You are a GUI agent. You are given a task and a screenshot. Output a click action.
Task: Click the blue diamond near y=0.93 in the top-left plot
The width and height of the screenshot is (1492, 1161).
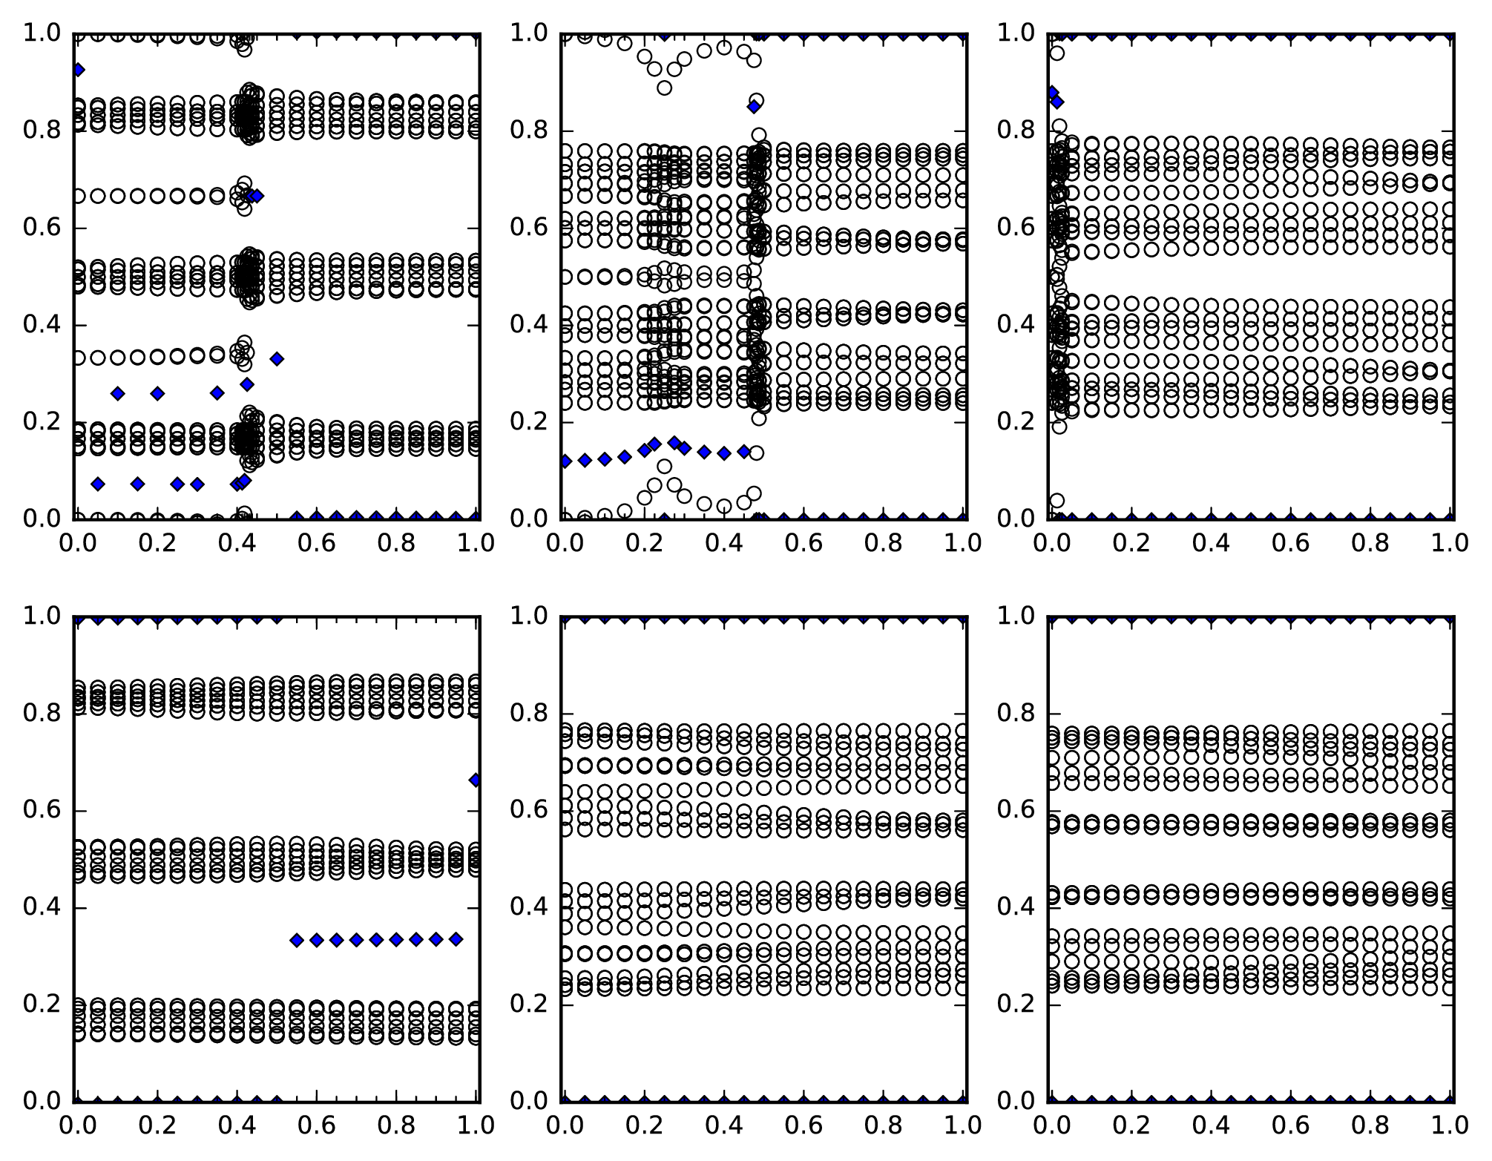78,70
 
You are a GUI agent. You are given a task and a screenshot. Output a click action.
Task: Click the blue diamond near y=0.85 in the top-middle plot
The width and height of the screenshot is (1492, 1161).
754,107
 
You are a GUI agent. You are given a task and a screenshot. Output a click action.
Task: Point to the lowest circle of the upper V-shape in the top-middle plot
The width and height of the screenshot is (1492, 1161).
664,88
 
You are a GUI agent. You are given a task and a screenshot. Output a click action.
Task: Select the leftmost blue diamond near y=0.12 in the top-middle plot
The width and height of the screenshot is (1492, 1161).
565,461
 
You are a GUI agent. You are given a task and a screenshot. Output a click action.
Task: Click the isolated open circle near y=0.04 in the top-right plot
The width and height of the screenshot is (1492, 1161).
1057,500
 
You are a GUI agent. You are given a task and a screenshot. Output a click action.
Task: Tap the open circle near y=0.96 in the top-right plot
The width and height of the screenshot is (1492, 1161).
1057,53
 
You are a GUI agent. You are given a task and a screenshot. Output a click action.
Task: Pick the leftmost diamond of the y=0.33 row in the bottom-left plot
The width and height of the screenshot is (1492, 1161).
297,941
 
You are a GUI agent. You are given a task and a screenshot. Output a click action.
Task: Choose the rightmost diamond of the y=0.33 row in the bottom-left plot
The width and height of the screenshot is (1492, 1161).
456,939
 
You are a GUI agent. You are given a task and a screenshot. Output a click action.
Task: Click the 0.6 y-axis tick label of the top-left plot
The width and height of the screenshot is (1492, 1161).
42,228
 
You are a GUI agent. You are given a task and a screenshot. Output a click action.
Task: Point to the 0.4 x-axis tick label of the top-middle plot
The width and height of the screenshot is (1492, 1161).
723,543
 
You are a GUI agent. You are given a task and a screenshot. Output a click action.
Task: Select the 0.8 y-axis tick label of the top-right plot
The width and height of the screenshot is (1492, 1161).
1016,131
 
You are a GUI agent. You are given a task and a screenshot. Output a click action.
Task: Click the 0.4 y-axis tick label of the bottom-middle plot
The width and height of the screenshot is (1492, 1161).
528,907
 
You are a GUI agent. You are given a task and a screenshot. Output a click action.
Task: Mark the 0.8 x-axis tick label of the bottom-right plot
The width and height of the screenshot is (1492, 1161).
1370,1125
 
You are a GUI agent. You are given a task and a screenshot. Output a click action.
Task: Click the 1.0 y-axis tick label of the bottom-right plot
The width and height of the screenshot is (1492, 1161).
1016,616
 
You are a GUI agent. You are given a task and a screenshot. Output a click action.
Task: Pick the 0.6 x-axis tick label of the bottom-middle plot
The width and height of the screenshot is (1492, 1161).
803,1125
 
